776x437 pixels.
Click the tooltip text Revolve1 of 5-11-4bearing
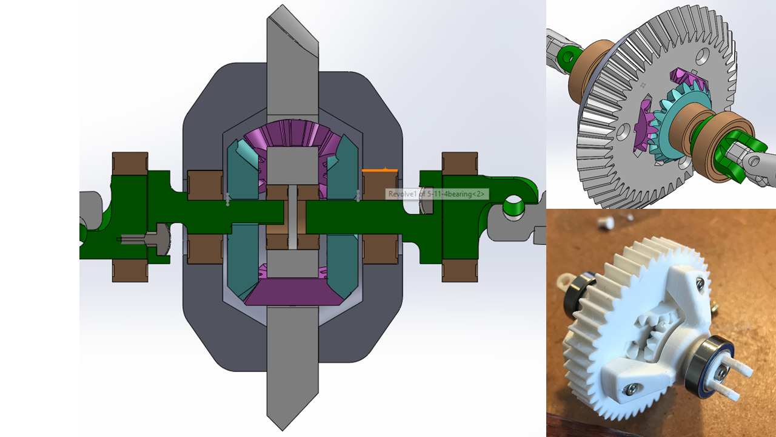[x=436, y=194]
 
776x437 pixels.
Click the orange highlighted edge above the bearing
[x=380, y=170]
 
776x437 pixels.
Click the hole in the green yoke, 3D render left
[x=568, y=58]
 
